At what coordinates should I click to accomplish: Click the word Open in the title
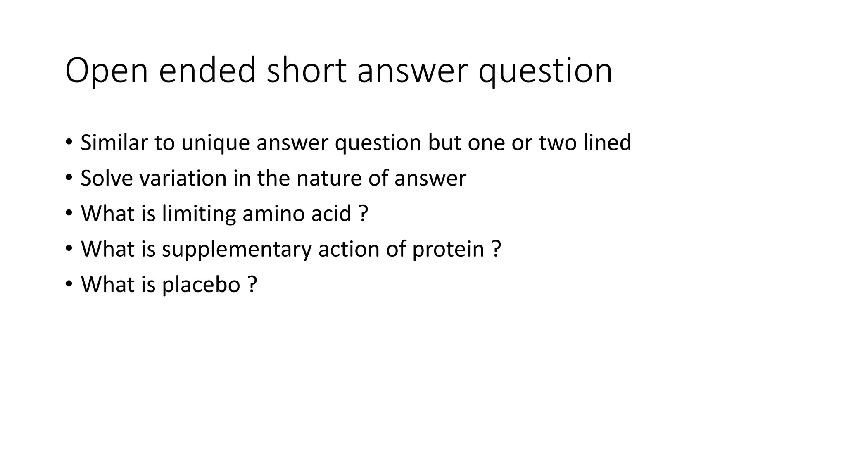(106, 71)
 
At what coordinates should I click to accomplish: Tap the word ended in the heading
(207, 71)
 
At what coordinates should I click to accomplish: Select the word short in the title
(306, 71)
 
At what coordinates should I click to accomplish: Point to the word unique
(215, 143)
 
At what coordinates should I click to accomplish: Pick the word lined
(607, 143)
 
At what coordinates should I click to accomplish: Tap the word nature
(329, 178)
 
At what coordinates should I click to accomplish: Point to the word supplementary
(236, 250)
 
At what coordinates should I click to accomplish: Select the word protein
(448, 249)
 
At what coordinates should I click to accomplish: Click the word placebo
(201, 285)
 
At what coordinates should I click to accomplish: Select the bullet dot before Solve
(69, 178)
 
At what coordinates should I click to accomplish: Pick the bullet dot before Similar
(69, 143)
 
